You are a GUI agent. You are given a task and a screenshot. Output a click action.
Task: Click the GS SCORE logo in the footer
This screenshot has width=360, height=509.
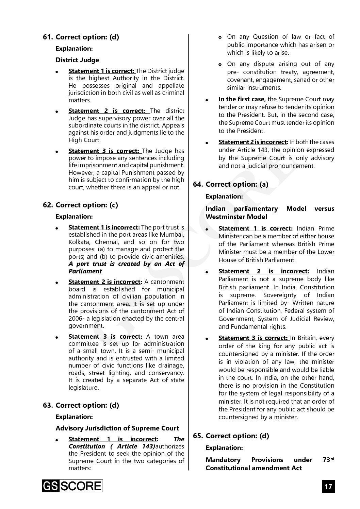[72, 486]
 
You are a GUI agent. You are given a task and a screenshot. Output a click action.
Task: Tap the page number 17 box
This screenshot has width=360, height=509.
[328, 486]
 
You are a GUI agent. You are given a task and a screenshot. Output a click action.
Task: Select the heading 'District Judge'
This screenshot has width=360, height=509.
[77, 60]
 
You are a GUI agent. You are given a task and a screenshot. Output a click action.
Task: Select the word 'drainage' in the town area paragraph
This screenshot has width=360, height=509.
[172, 366]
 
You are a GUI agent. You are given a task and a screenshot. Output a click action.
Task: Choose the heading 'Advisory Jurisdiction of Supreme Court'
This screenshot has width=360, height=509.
[117, 428]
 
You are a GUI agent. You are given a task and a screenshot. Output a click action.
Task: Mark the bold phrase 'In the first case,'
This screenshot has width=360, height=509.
[242, 99]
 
